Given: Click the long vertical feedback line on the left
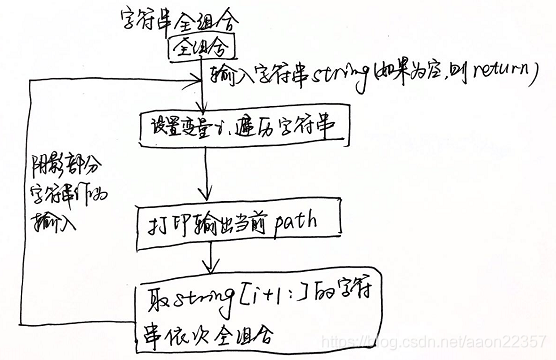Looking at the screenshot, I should coord(33,200).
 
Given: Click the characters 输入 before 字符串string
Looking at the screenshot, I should coord(233,77).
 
